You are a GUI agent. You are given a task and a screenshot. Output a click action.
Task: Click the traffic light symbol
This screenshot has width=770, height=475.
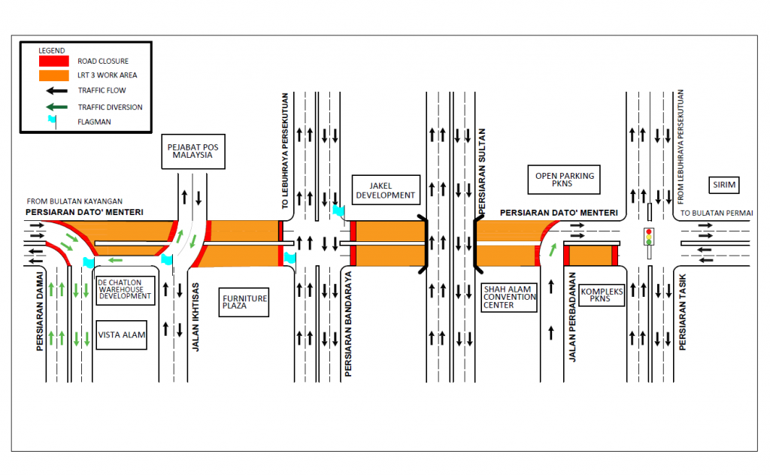tap(647, 236)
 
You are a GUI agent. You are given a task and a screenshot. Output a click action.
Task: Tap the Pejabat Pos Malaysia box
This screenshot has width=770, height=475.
tap(193, 152)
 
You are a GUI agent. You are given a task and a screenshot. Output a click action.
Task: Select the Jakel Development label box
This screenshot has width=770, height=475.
tap(384, 190)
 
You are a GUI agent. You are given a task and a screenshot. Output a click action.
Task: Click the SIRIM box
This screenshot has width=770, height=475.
tap(725, 185)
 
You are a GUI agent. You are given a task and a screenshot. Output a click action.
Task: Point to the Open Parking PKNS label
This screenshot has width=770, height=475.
tap(565, 180)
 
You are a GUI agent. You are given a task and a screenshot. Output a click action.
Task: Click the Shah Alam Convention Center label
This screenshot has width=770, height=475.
tap(510, 296)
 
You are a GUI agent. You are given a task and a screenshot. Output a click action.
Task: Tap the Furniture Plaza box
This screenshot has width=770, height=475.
tap(244, 303)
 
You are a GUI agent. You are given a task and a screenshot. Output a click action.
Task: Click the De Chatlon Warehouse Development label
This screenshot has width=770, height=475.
tap(125, 289)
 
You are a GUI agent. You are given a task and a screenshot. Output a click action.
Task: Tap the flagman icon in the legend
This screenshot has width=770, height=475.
tap(52, 120)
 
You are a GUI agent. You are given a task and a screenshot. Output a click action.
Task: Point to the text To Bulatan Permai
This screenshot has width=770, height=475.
tap(717, 213)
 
